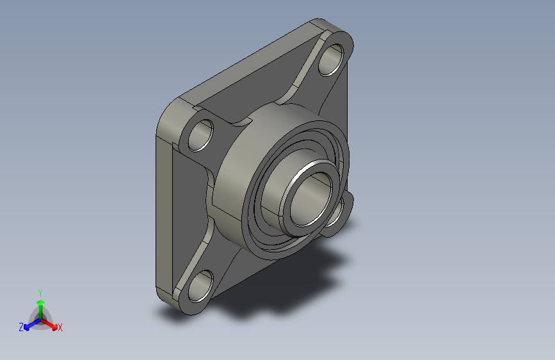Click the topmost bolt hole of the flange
click(x=331, y=60)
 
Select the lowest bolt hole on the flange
click(x=201, y=286)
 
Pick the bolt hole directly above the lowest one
click(x=201, y=136)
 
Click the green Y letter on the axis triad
click(x=40, y=293)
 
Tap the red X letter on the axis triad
click(x=60, y=328)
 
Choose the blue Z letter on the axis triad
click(x=21, y=327)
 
